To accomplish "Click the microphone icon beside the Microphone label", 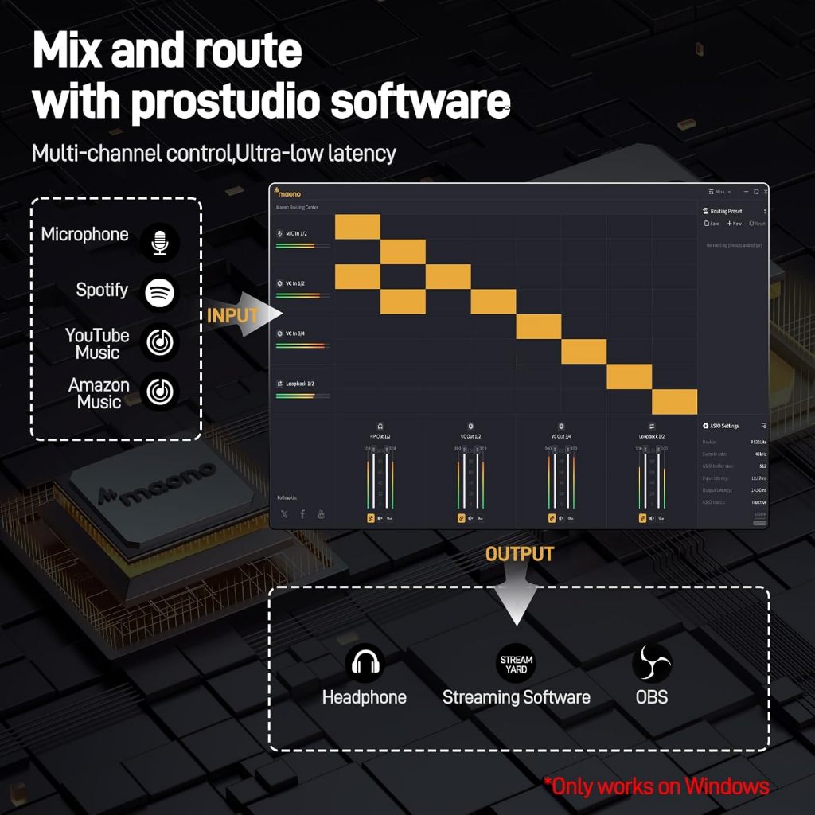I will click(x=160, y=242).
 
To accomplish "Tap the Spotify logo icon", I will click(x=160, y=292).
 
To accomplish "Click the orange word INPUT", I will click(x=232, y=315).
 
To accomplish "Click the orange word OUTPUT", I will click(x=520, y=554).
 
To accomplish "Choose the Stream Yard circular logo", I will click(x=516, y=663).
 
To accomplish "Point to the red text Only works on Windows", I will click(x=657, y=787).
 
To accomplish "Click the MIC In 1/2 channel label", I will click(x=295, y=233).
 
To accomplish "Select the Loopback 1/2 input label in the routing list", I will click(x=299, y=384).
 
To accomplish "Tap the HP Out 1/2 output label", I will click(x=380, y=437).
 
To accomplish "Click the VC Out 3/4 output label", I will click(x=561, y=437).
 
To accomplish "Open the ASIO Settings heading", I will click(x=724, y=426).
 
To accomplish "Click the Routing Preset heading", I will click(x=726, y=212).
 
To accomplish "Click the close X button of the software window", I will click(x=766, y=192).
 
